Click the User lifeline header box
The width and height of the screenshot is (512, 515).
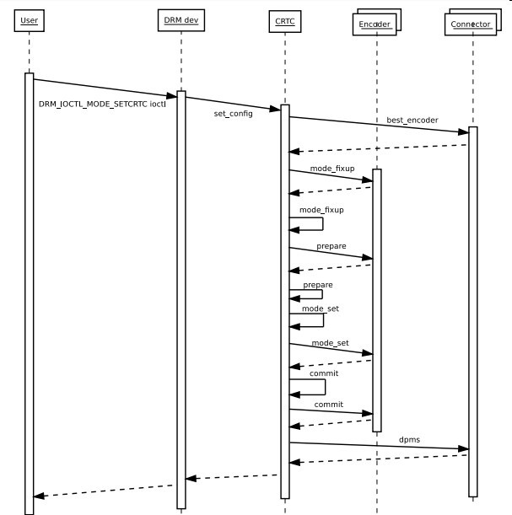(x=30, y=20)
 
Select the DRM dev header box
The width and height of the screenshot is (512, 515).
(x=181, y=21)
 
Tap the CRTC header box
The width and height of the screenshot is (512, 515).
(x=284, y=21)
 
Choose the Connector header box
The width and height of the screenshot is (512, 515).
(x=469, y=24)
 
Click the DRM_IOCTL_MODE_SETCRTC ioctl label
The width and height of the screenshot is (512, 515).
(x=102, y=104)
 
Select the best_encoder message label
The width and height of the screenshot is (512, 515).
(x=412, y=121)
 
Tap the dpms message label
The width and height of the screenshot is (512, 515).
(x=410, y=439)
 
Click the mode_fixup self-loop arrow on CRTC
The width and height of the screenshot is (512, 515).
(x=309, y=223)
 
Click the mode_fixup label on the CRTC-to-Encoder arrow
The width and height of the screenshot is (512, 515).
(x=331, y=169)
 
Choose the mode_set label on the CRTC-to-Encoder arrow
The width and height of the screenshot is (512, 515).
(x=330, y=343)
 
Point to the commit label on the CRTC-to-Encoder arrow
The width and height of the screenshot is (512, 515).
(x=328, y=405)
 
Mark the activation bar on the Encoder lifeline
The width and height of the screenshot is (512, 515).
(x=377, y=300)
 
